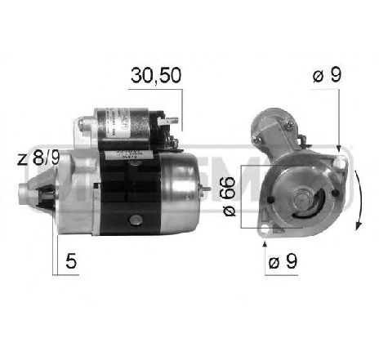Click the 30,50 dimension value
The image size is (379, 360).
pos(154,76)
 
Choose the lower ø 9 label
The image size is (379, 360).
pos(282,263)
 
